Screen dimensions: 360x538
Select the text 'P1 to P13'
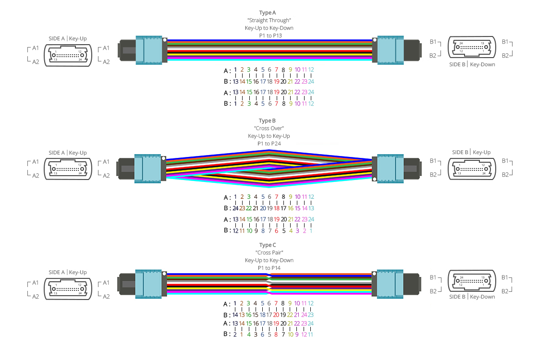click(x=269, y=36)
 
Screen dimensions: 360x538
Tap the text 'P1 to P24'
click(x=269, y=144)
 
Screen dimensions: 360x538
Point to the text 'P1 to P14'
click(x=269, y=268)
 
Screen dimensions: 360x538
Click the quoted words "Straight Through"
click(x=269, y=20)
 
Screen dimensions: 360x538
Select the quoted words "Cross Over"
click(x=269, y=128)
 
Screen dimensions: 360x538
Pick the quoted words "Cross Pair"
click(x=269, y=252)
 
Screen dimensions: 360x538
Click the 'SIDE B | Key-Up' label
click(x=471, y=152)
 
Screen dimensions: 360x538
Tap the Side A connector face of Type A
click(x=68, y=55)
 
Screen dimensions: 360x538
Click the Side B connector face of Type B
click(x=471, y=168)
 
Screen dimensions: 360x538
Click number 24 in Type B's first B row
click(x=235, y=208)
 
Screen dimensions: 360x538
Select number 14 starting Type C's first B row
click(x=235, y=315)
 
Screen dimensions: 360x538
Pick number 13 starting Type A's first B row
click(x=235, y=81)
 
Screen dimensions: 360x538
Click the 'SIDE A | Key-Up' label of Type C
click(x=68, y=272)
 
